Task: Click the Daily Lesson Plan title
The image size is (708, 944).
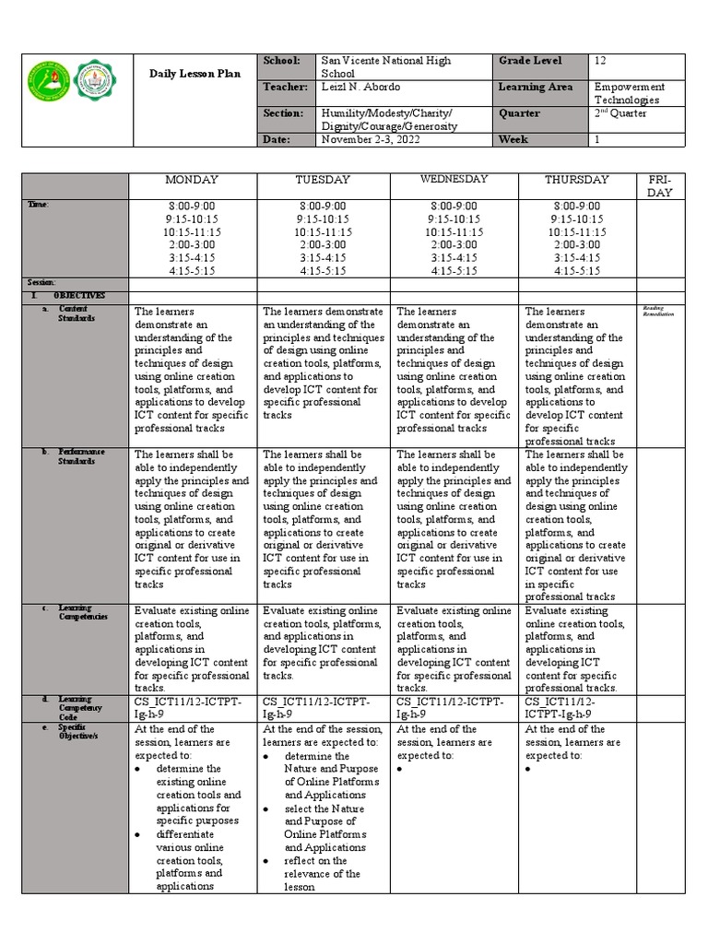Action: [195, 74]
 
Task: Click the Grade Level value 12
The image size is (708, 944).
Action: [600, 61]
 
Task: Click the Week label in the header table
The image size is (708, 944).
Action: [513, 139]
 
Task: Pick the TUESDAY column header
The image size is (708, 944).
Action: [324, 180]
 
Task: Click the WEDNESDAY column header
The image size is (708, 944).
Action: [454, 179]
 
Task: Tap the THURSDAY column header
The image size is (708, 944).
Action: [577, 180]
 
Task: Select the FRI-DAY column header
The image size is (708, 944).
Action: [659, 185]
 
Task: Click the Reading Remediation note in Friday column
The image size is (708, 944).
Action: [658, 312]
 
